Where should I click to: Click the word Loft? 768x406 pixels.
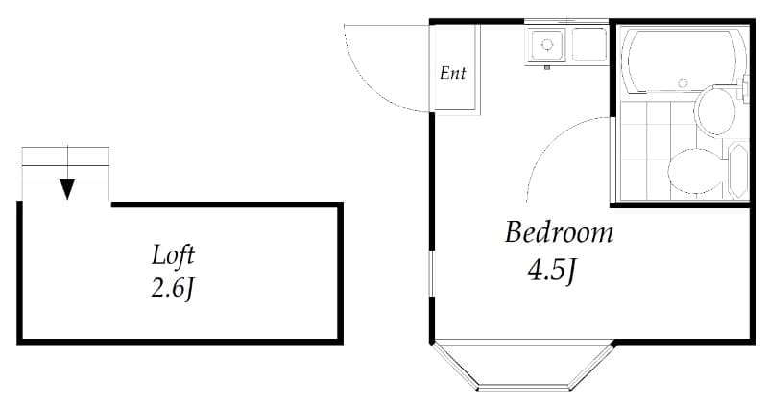pyautogui.click(x=174, y=256)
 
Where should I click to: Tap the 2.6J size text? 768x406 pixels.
pyautogui.click(x=173, y=287)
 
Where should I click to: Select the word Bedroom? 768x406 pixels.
pyautogui.click(x=559, y=233)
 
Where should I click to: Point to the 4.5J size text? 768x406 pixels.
pyautogui.click(x=551, y=272)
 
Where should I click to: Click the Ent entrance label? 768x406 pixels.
pyautogui.click(x=452, y=73)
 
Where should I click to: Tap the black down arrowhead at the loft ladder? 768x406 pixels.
pyautogui.click(x=67, y=188)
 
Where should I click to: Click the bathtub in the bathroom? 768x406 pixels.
pyautogui.click(x=683, y=61)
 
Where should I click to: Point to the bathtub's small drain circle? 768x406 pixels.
pyautogui.click(x=683, y=84)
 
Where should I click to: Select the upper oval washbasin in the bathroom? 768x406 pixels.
pyautogui.click(x=714, y=110)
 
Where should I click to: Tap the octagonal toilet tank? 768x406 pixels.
pyautogui.click(x=737, y=170)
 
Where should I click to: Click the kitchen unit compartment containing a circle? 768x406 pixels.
pyautogui.click(x=548, y=44)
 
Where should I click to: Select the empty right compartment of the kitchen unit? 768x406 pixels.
pyautogui.click(x=589, y=44)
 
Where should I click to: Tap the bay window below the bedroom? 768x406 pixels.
pyautogui.click(x=523, y=370)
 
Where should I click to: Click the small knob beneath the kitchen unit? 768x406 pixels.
pyautogui.click(x=546, y=67)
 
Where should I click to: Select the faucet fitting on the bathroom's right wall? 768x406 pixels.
pyautogui.click(x=747, y=86)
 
